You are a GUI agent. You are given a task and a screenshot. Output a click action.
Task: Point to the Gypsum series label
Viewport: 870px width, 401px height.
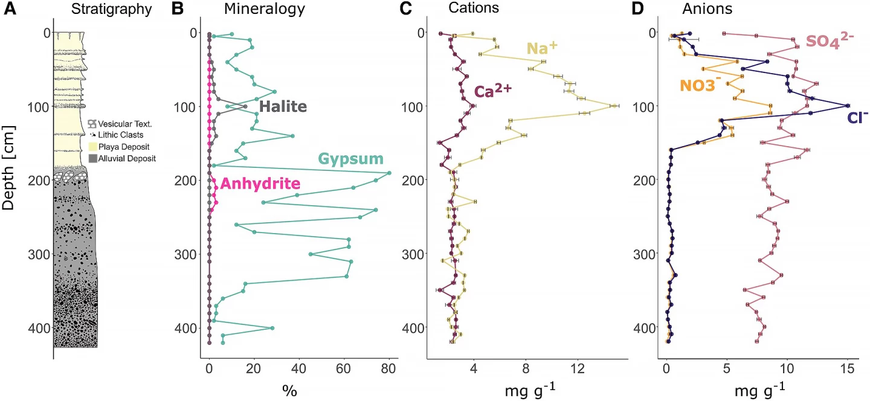point(351,159)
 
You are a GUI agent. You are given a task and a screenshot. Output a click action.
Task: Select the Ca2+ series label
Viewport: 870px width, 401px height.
point(493,91)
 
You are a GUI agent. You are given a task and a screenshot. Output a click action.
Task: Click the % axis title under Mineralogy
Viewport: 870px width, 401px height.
point(289,390)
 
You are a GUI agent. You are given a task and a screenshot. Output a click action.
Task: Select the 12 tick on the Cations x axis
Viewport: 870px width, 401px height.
point(578,367)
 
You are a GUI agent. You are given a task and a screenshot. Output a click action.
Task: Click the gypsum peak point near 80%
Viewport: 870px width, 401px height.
point(389,173)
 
